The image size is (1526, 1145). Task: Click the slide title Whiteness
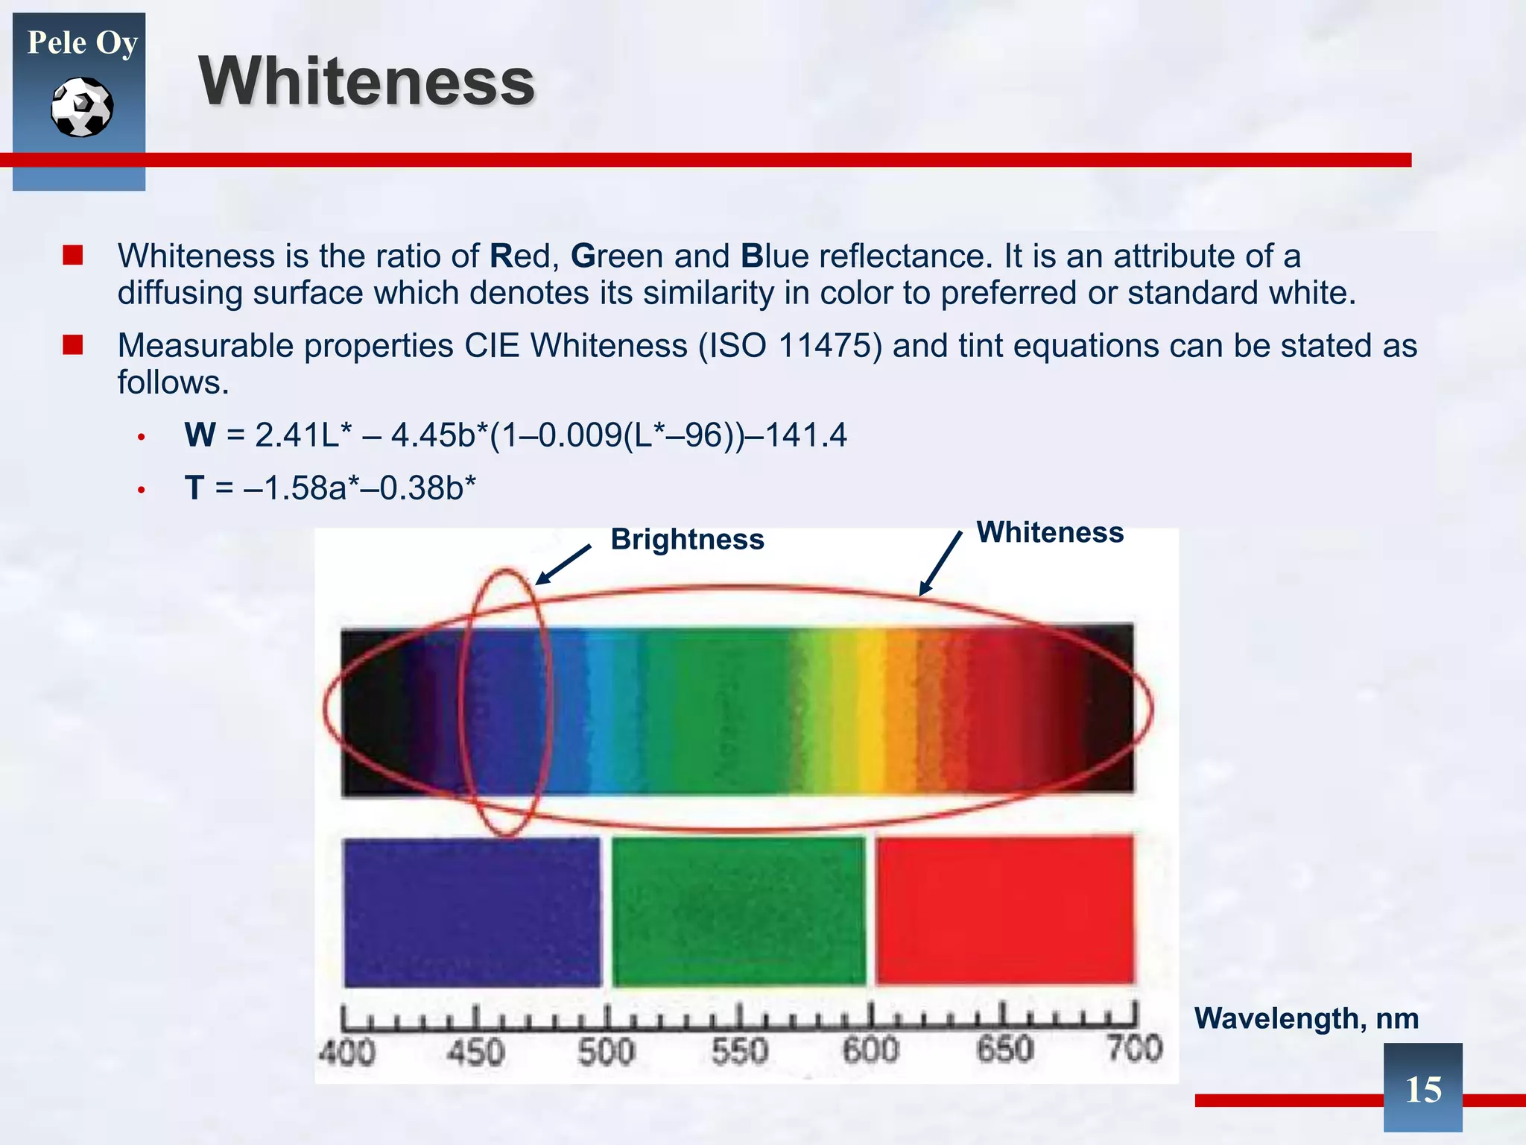pos(367,82)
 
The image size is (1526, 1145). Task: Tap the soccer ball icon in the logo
pos(82,107)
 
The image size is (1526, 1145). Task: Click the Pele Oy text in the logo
pos(82,42)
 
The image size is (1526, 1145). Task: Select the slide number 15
pos(1422,1089)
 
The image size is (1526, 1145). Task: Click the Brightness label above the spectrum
pos(687,539)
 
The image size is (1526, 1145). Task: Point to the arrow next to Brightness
pos(563,564)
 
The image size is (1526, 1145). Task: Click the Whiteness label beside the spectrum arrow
pos(1050,532)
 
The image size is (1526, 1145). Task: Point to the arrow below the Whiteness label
pos(940,564)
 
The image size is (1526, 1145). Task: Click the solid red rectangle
pos(1004,910)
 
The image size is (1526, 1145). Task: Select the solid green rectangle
pos(738,911)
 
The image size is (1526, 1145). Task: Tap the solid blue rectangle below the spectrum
pos(472,912)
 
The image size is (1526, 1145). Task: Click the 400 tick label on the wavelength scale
pos(346,1053)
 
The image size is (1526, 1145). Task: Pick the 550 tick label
pos(739,1051)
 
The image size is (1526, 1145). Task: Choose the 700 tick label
pos(1134,1049)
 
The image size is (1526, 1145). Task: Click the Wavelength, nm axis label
pos(1306,1018)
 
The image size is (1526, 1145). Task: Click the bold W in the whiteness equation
pos(200,435)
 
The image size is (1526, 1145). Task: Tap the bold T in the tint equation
pos(194,488)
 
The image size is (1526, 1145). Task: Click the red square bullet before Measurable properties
pos(72,345)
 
